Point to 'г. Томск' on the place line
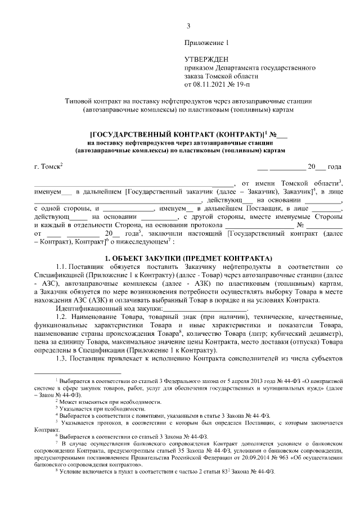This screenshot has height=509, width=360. [47, 167]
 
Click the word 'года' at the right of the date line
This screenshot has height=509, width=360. [334, 167]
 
